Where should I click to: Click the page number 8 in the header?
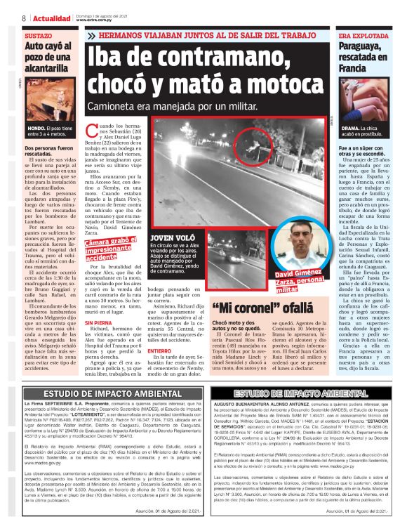24,18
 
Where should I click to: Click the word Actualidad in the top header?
46,18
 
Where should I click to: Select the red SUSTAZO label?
38,34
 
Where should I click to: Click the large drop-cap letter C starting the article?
91,128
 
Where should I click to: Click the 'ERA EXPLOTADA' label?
362,34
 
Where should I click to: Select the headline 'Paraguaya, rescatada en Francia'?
363,58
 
